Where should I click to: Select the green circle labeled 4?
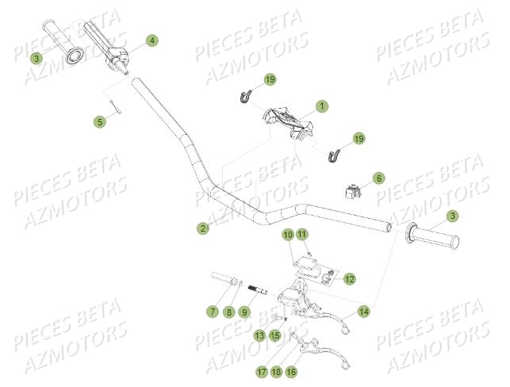click(x=151, y=40)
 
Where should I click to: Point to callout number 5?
click(x=99, y=121)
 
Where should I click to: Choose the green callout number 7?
click(x=213, y=312)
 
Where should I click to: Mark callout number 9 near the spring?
click(x=245, y=312)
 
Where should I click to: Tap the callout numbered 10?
click(x=288, y=235)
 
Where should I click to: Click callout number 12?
click(x=350, y=278)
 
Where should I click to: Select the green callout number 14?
click(x=363, y=311)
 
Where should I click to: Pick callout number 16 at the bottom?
click(x=291, y=370)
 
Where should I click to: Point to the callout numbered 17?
click(x=261, y=370)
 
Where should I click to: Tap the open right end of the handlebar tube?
click(x=389, y=227)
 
